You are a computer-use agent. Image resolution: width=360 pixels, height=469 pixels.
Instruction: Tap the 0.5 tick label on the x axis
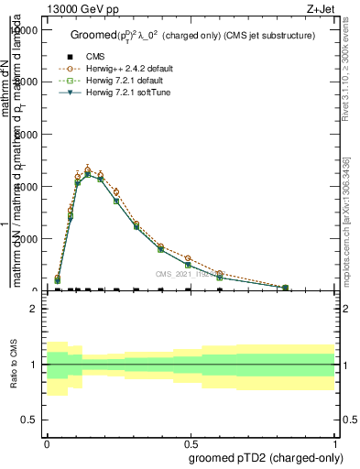pos(191,441)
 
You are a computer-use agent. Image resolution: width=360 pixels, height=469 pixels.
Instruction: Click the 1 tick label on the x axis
pos(335,441)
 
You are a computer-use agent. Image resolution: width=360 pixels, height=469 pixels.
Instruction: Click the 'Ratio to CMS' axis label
pos(14,365)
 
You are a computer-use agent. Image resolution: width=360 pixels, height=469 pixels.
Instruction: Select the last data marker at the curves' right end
pos(286,288)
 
